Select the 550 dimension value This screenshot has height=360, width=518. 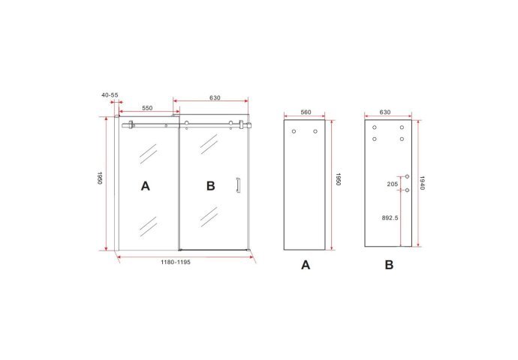[147, 108]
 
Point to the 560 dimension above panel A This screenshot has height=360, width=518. [306, 112]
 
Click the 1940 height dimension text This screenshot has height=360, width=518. [423, 183]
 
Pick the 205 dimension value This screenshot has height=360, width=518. [393, 184]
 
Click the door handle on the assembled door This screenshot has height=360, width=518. [237, 186]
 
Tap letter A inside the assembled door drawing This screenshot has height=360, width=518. [145, 186]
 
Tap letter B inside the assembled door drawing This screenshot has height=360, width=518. [210, 186]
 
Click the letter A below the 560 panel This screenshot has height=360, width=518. [306, 265]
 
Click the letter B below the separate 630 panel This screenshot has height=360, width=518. [389, 265]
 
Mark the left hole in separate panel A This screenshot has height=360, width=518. [295, 132]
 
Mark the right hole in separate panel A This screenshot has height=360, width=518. [315, 132]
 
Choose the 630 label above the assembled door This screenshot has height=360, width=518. [215, 97]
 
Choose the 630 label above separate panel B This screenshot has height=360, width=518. [386, 112]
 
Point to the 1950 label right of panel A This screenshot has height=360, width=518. [339, 180]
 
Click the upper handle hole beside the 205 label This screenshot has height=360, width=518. [407, 176]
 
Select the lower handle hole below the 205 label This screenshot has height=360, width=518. [407, 190]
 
